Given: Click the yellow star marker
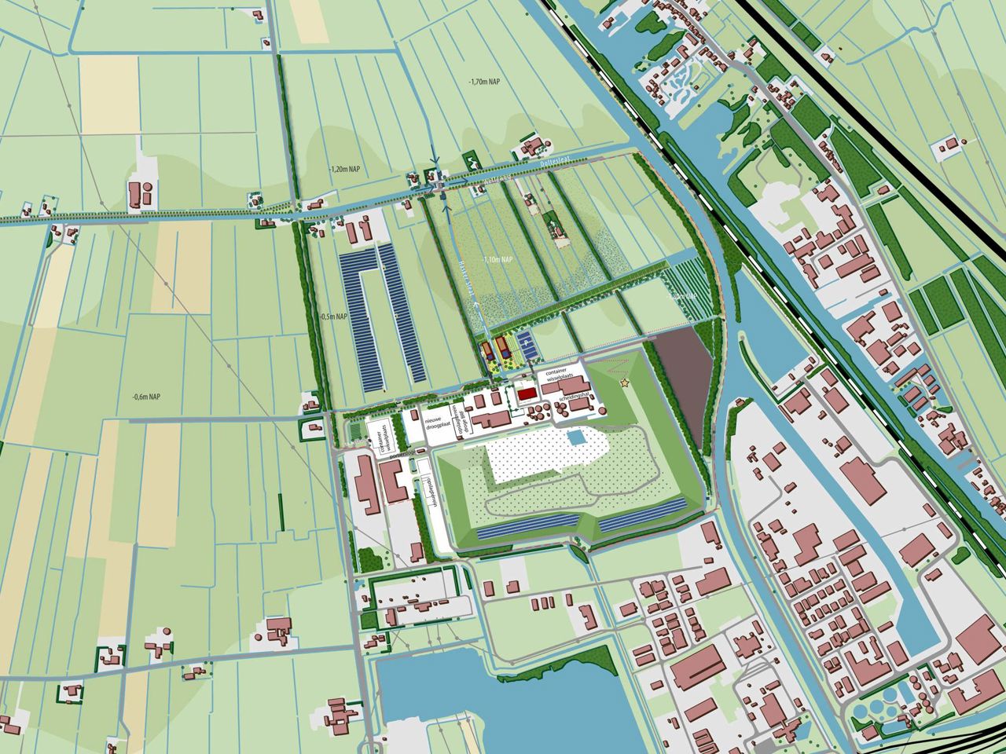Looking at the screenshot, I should point(626,382).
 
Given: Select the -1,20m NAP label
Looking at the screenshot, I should point(347,169).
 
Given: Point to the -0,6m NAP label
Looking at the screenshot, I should point(146,396).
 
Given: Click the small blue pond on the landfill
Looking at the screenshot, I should point(578,437).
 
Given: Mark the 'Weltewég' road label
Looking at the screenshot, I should point(495,178).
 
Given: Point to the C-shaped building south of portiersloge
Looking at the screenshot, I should point(394,479).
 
